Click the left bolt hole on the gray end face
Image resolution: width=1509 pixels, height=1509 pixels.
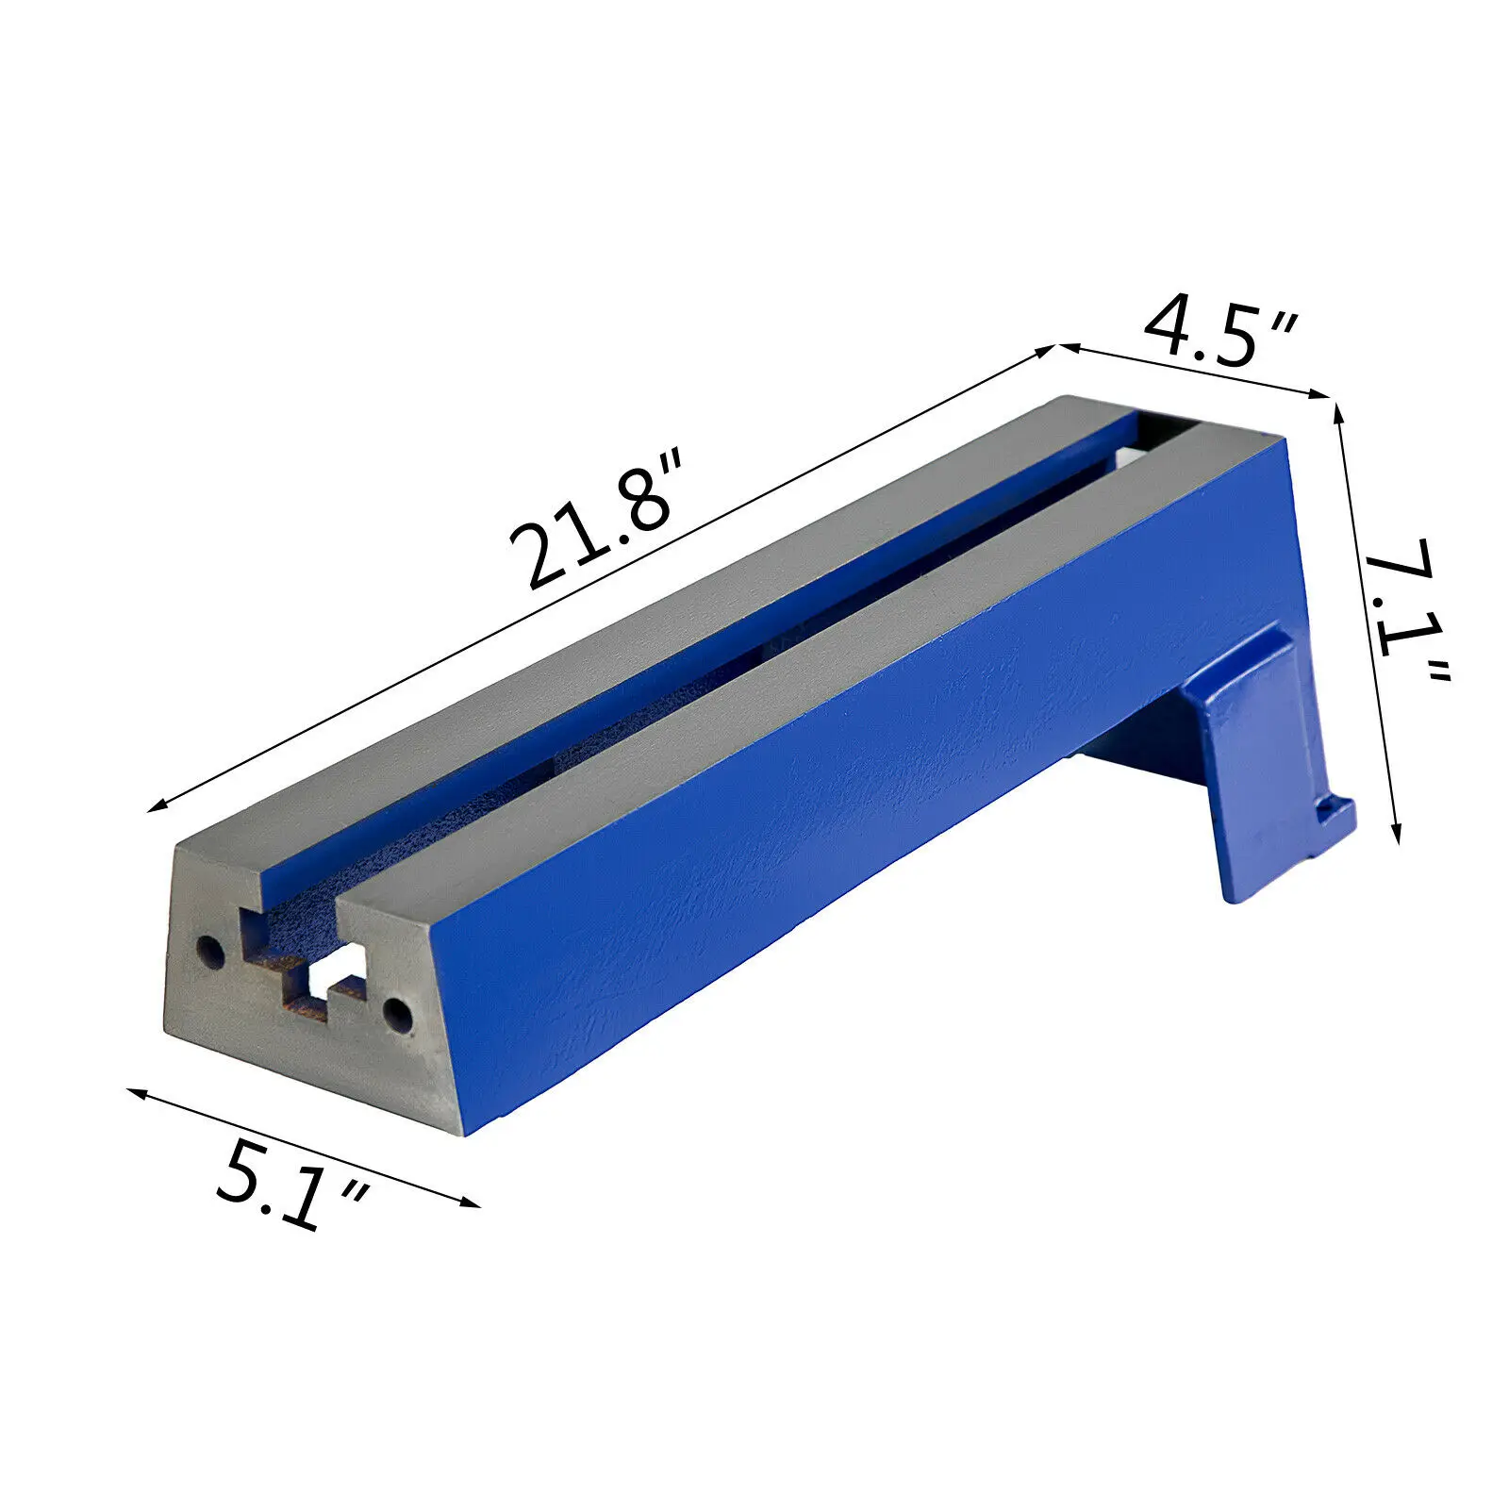click(209, 953)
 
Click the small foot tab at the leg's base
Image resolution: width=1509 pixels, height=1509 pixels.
click(1335, 816)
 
